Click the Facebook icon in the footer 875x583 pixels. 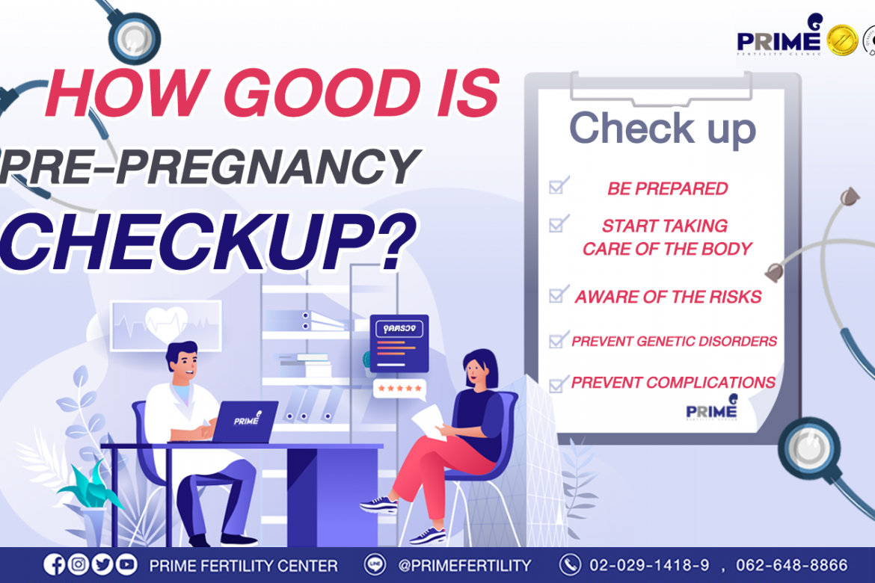(x=54, y=564)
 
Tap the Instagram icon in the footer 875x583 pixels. (x=78, y=564)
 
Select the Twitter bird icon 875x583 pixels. (x=102, y=564)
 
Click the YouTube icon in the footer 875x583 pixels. (x=126, y=564)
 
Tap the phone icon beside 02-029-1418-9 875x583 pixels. (x=570, y=564)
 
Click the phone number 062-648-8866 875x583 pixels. (x=791, y=565)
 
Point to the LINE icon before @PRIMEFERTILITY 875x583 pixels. (x=375, y=564)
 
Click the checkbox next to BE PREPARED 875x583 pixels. (x=558, y=185)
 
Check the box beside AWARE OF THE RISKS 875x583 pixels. (x=558, y=294)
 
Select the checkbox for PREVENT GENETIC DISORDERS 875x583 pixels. (x=558, y=339)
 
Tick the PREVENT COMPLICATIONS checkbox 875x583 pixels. (x=558, y=384)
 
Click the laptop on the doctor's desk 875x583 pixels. (x=245, y=422)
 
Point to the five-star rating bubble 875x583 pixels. (x=400, y=389)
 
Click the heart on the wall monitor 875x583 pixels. (x=166, y=323)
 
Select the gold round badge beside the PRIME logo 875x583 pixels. (x=841, y=40)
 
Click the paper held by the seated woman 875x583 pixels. (x=430, y=422)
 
